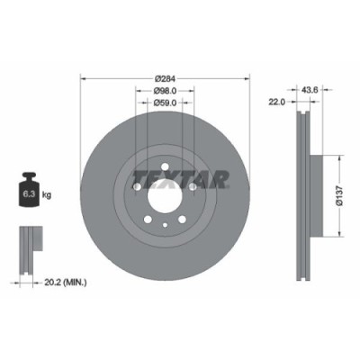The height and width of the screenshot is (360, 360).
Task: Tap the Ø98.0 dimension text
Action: [165, 91]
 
